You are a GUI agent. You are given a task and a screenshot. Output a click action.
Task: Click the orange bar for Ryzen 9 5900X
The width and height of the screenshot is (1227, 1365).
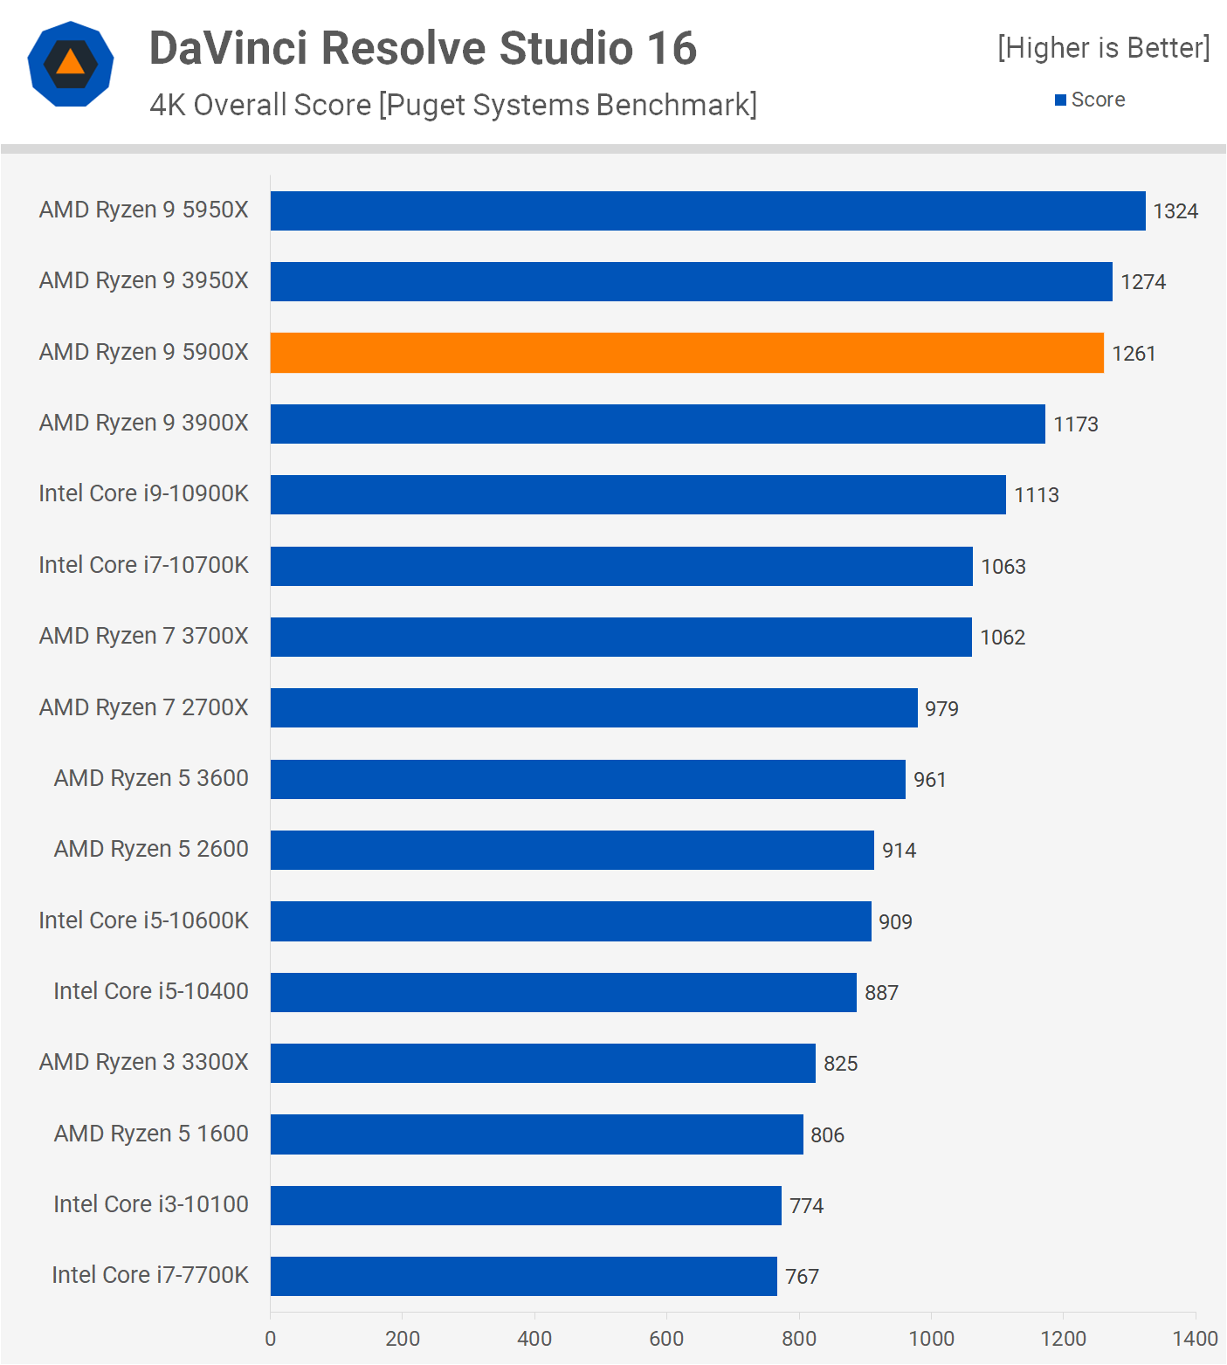(686, 353)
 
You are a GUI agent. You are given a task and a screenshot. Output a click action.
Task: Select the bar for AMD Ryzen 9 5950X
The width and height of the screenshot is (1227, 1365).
(707, 211)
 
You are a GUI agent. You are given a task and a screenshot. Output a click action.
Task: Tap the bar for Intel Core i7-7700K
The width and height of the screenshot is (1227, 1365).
(523, 1276)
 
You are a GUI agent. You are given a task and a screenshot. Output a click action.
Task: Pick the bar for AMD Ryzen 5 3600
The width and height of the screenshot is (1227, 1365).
(588, 779)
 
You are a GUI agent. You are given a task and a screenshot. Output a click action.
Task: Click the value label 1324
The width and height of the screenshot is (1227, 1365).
(1175, 211)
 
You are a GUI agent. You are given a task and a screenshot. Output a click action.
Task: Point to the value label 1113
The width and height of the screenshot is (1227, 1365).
(1037, 495)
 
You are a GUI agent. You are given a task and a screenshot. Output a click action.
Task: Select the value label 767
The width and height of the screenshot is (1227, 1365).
(802, 1277)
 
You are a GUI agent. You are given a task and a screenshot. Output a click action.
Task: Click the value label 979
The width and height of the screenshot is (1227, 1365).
(941, 708)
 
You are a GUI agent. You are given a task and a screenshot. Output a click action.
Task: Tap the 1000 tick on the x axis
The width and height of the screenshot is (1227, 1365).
(931, 1338)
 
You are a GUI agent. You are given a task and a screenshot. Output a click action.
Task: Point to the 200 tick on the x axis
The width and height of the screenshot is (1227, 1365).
(403, 1338)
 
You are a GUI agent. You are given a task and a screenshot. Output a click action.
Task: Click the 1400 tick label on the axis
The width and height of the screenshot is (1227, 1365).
(1195, 1338)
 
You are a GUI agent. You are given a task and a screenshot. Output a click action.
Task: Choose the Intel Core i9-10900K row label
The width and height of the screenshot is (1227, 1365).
(144, 493)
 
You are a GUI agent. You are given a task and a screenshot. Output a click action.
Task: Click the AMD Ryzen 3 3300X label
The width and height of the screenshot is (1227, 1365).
(144, 1062)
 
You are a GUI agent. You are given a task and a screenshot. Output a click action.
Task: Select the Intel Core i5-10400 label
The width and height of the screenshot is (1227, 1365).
(151, 991)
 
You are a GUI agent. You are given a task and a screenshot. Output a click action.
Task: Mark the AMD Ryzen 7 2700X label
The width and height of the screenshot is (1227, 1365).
(144, 707)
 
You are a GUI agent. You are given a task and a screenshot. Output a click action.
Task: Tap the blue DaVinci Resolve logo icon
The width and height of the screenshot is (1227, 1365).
(71, 64)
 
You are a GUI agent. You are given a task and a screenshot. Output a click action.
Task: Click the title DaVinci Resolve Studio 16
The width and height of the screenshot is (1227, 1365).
(423, 48)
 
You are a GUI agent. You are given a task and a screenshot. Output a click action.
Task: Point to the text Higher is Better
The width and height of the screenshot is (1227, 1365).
(1104, 48)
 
